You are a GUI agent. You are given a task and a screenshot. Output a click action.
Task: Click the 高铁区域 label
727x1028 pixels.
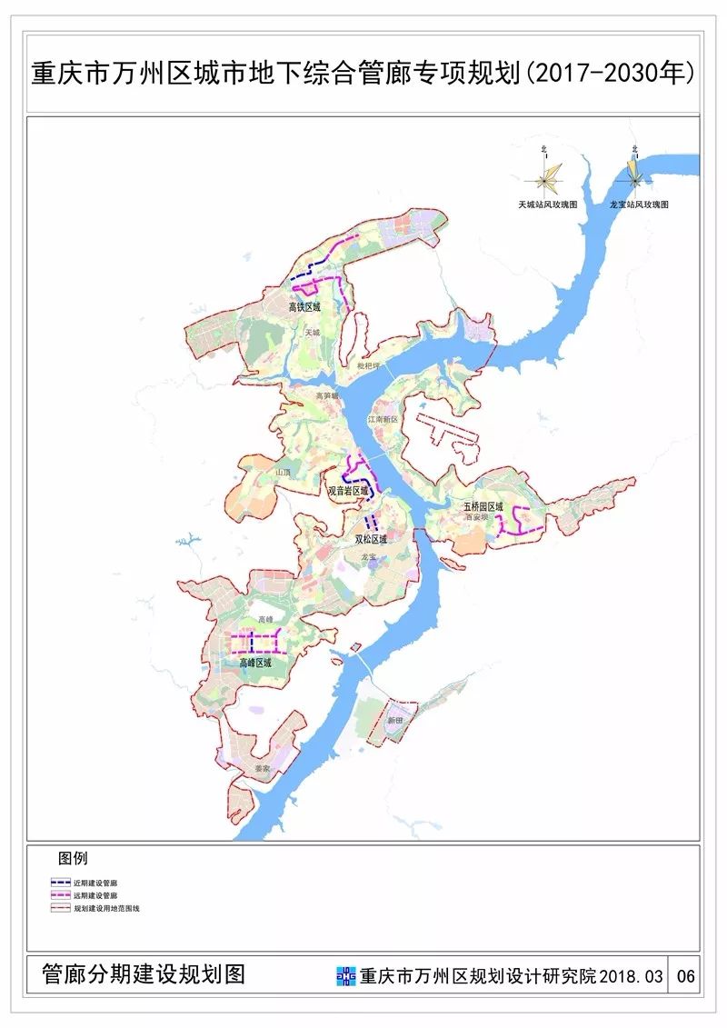[304, 307]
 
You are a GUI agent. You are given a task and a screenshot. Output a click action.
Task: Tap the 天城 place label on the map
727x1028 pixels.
[313, 333]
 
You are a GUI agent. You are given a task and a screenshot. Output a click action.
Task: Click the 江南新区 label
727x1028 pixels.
[383, 420]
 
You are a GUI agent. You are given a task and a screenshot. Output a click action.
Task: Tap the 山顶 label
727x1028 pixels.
[283, 473]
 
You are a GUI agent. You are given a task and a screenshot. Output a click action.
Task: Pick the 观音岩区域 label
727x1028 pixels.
[348, 491]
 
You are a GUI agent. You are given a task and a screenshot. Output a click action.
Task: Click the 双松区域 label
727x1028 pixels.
[371, 539]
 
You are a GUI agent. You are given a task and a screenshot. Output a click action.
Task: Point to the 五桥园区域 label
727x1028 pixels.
[483, 506]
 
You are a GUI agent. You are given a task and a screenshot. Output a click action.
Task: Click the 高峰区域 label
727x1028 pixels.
[255, 664]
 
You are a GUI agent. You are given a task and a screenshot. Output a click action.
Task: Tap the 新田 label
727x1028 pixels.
[393, 719]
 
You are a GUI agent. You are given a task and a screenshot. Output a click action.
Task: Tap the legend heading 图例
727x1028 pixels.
[73, 858]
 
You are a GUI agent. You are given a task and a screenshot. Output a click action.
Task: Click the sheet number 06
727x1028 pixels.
[686, 976]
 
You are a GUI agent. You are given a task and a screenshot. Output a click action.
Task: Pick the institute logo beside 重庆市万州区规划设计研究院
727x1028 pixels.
[346, 976]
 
